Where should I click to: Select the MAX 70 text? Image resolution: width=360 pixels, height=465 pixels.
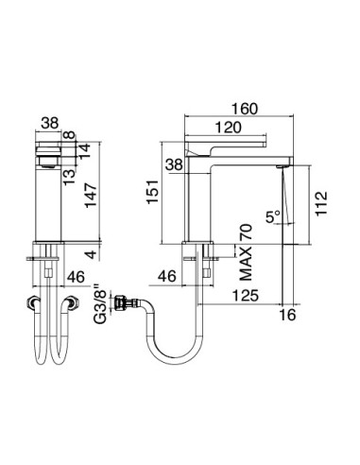pos(244,254)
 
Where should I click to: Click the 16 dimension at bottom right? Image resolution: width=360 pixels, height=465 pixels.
pos(288,316)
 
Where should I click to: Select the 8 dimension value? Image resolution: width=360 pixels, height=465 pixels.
pos(83,135)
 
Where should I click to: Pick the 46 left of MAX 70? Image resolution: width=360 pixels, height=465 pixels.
pos(166,276)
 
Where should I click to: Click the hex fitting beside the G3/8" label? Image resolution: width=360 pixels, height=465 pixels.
pos(123,304)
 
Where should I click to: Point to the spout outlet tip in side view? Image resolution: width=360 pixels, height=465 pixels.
pos(281,166)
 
